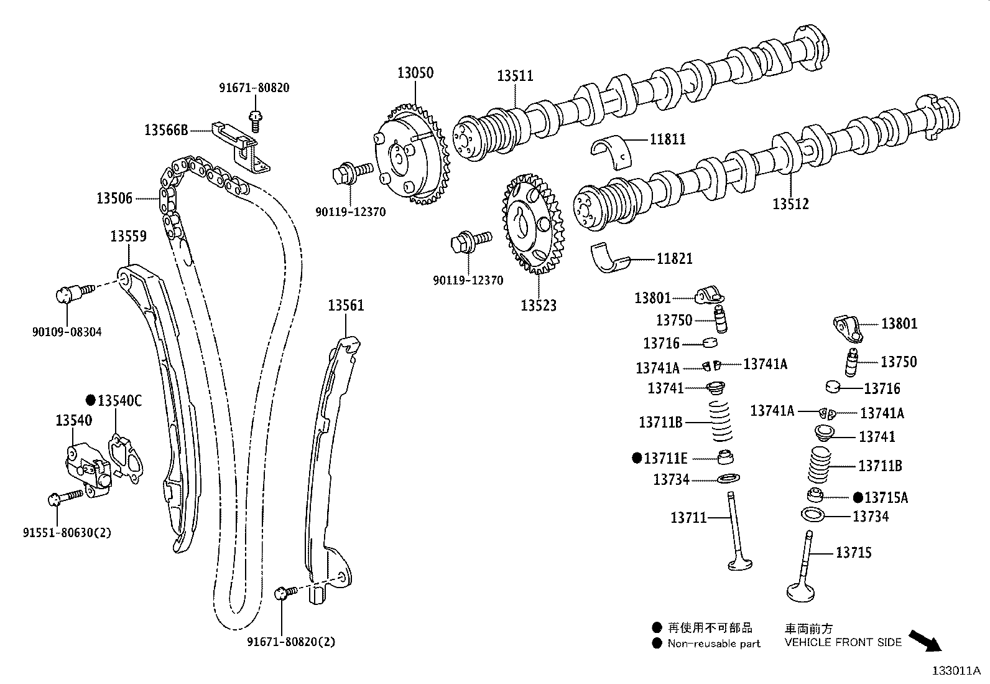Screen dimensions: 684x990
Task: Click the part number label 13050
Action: [x=415, y=73]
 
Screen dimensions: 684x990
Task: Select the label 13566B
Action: [x=166, y=130]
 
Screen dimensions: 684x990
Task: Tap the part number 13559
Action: [x=129, y=237]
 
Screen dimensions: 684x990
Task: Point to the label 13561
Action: [x=346, y=306]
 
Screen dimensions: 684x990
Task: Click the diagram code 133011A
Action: [x=955, y=671]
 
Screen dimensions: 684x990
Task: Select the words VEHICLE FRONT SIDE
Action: [x=843, y=643]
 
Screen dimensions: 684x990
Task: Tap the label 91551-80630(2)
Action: [x=67, y=533]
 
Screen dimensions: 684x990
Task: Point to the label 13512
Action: [x=790, y=204]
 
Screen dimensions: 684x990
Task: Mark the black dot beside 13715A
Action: [x=858, y=497]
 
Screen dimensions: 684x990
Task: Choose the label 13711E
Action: [x=665, y=459]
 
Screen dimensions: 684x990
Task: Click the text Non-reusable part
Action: [x=714, y=644]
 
